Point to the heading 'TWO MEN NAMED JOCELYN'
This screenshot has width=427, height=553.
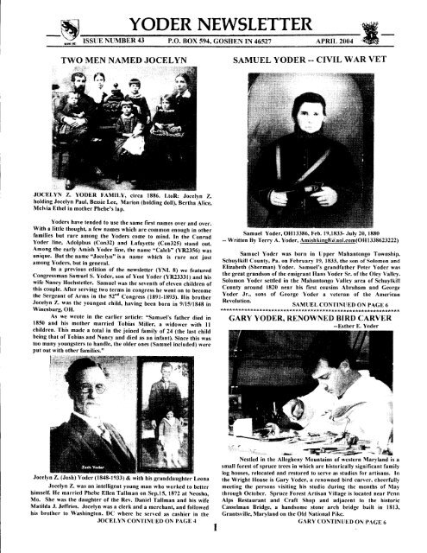pos(109,53)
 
